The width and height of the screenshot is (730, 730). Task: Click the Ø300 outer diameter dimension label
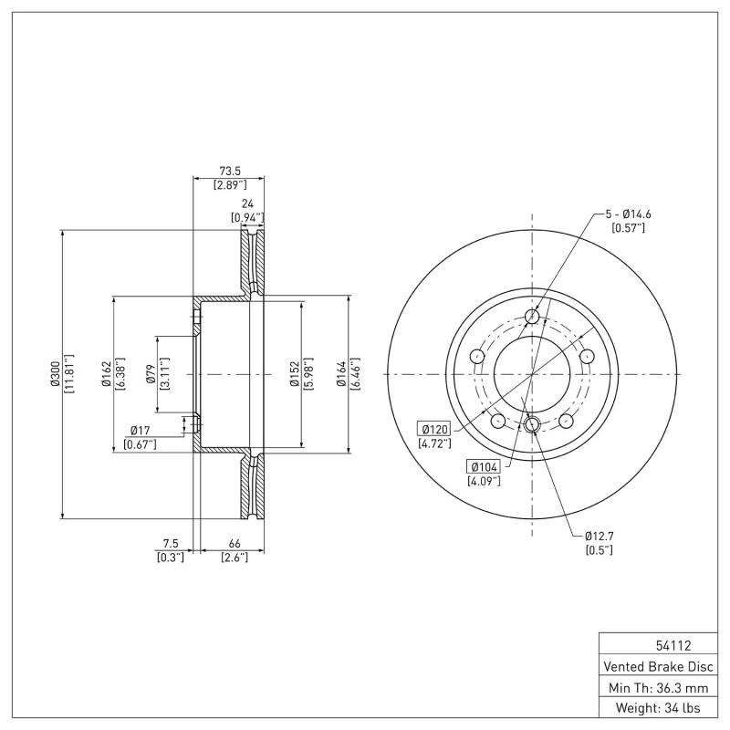tap(56, 374)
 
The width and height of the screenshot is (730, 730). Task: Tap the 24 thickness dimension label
tap(246, 204)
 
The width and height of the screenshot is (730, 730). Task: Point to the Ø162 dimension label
tap(107, 374)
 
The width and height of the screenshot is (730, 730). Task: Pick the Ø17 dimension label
tap(140, 430)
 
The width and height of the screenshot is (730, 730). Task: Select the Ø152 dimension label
tap(294, 374)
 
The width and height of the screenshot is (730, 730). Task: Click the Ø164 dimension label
tap(341, 374)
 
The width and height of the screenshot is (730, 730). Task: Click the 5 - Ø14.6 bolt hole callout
tap(628, 214)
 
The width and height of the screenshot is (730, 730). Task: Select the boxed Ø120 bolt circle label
tap(434, 429)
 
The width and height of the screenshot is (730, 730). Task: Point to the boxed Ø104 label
tap(483, 466)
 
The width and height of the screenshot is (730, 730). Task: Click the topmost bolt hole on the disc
tap(533, 317)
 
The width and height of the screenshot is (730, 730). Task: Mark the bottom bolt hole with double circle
tap(534, 423)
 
